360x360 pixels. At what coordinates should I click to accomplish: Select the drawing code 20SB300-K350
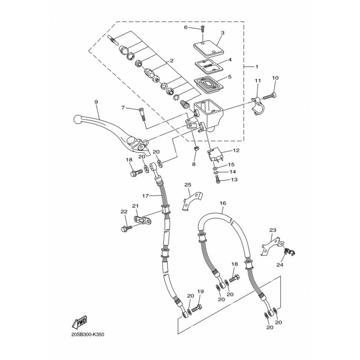[x=87, y=334]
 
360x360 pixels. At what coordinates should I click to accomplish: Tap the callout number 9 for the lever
[x=96, y=102]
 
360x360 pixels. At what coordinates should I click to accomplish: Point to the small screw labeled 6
[x=202, y=30]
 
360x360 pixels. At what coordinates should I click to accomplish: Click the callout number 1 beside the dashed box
[x=256, y=67]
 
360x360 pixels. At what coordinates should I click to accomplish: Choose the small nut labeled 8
[x=196, y=150]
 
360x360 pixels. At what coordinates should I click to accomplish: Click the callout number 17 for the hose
[x=145, y=196]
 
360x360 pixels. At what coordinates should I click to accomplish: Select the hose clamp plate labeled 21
[x=143, y=220]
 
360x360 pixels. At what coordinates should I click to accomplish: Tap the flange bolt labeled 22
[x=126, y=228]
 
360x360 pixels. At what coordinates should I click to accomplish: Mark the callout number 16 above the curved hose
[x=223, y=203]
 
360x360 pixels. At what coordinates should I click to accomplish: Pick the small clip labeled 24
[x=289, y=252]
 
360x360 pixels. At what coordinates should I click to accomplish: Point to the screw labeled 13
[x=218, y=179]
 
